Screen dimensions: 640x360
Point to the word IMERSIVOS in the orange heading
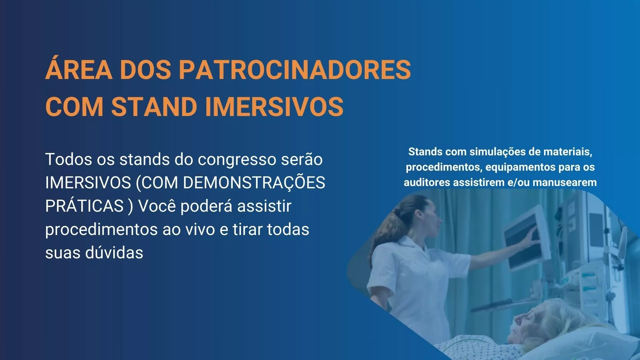(x=274, y=107)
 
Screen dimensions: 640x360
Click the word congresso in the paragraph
(x=237, y=160)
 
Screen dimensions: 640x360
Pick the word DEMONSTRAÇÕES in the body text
(x=254, y=183)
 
